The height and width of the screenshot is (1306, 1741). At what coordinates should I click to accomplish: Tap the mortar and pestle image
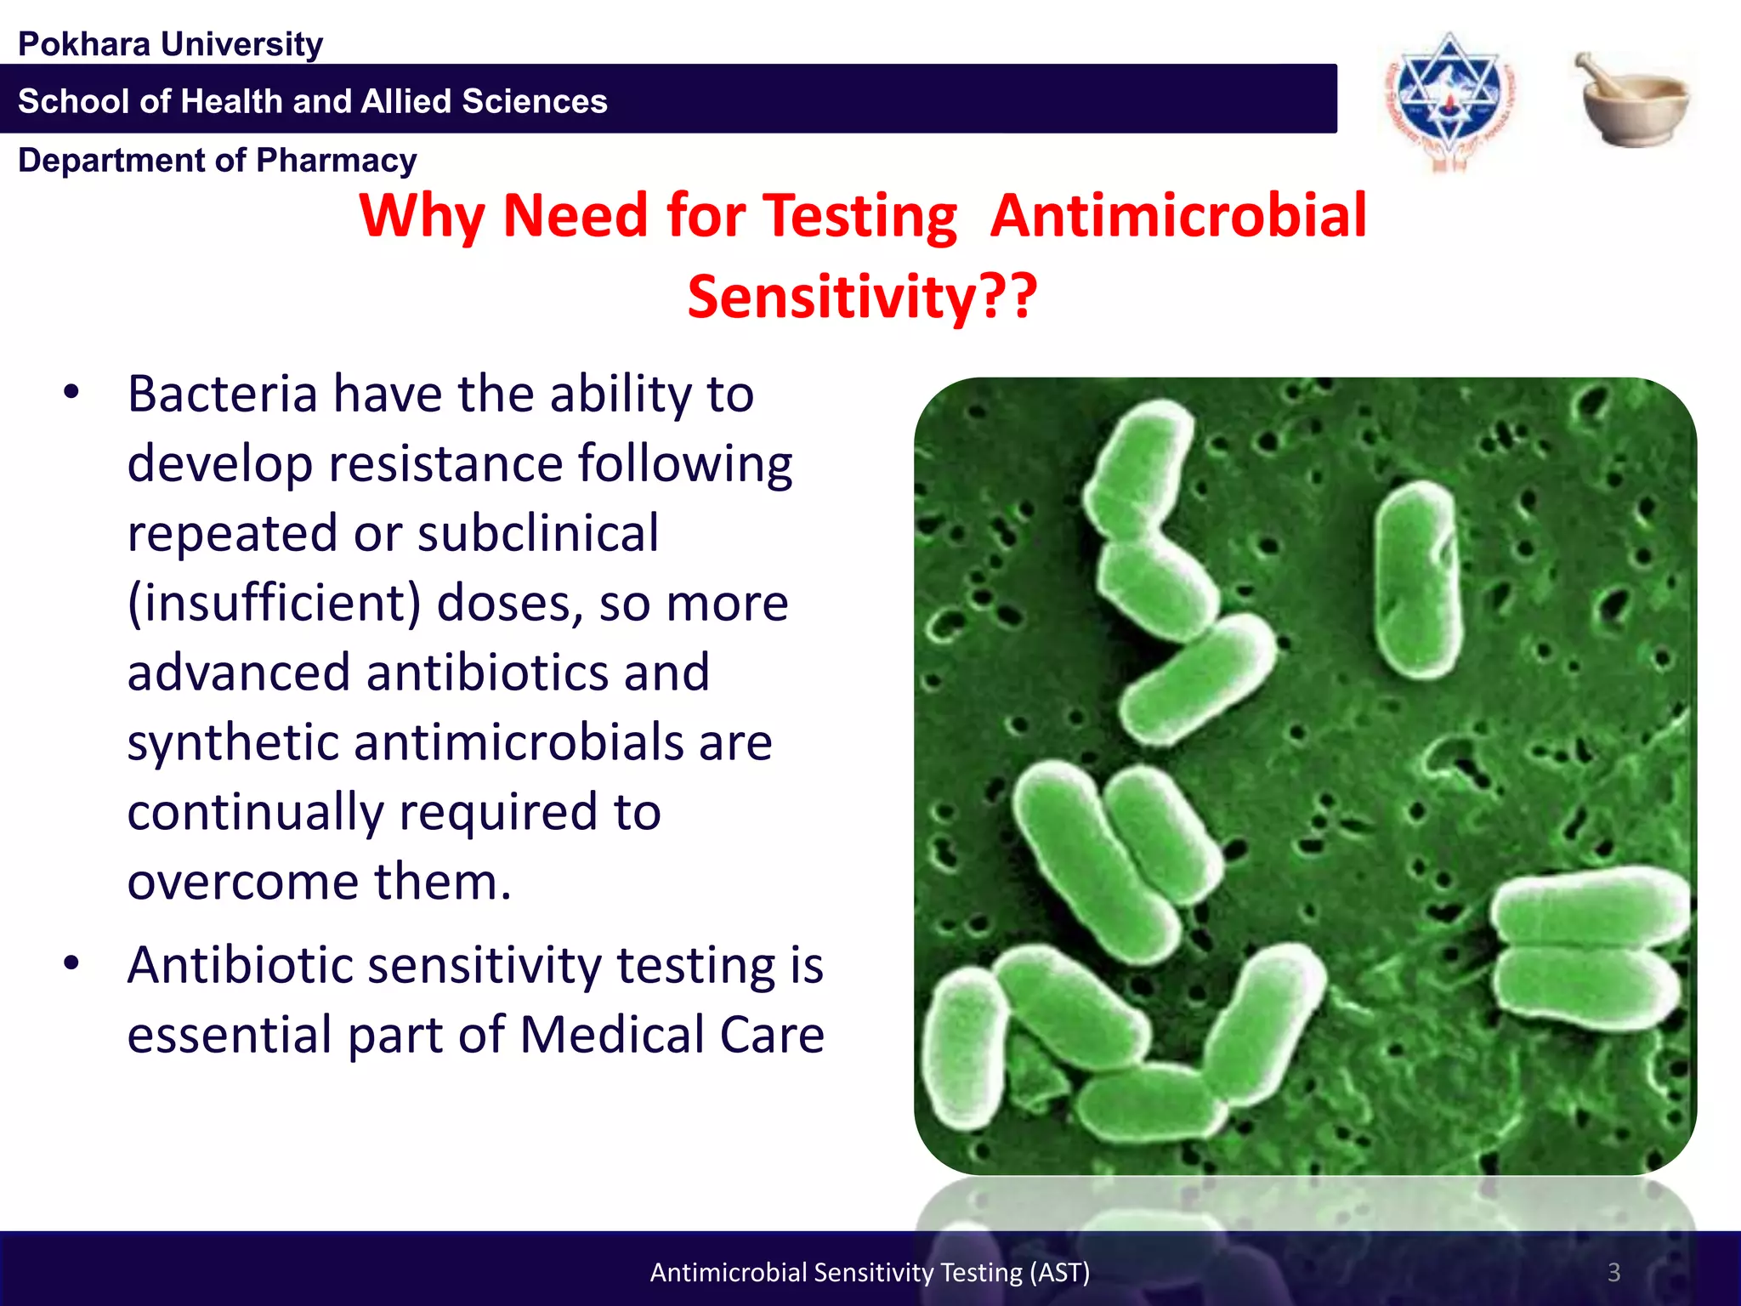coord(1631,100)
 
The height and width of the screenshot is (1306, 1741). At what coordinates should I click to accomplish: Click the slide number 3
coord(1613,1272)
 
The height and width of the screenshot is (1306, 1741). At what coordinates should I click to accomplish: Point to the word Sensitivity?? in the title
coord(862,297)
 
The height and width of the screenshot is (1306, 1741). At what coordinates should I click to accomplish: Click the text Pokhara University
coord(170,44)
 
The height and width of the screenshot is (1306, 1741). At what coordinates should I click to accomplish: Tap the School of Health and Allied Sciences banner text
coord(313,101)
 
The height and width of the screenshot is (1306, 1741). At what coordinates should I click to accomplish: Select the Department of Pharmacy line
coord(218,160)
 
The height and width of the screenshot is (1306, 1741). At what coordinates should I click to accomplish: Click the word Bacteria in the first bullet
coord(223,395)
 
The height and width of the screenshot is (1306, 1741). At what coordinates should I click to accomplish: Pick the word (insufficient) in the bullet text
coord(274,604)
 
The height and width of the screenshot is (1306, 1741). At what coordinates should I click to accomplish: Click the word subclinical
coord(538,534)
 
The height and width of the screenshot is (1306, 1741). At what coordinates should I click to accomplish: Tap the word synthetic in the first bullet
coord(233,743)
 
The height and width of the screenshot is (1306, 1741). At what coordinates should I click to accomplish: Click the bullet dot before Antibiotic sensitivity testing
coord(71,963)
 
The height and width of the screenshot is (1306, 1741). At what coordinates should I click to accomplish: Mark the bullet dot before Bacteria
coord(71,392)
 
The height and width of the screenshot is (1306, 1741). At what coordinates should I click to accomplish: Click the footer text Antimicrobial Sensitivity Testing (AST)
coord(870,1272)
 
